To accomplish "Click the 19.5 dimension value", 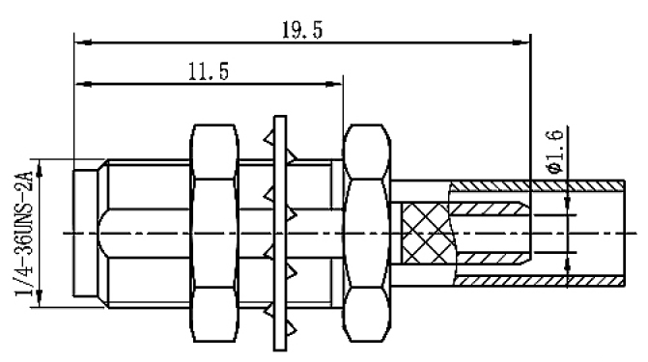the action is tap(301, 31).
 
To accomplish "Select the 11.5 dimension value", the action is tap(209, 71).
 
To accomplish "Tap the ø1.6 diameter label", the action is tap(554, 152).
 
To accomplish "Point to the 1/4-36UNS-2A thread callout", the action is tap(23, 234).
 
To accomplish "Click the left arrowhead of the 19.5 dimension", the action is tap(83, 42).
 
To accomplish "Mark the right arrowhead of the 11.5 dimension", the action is tap(334, 84).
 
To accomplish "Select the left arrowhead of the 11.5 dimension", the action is tap(84, 84).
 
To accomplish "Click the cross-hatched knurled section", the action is tap(427, 234).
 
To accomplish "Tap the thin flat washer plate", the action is tap(280, 233).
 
